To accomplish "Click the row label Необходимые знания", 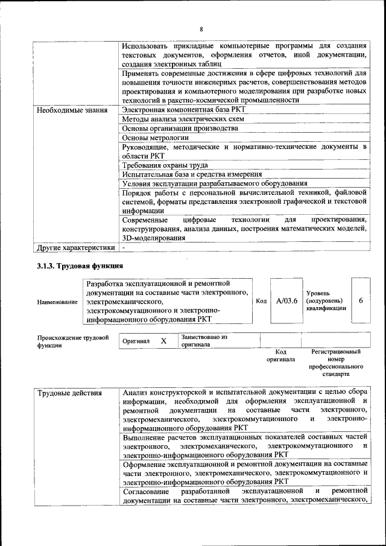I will [x=72, y=110].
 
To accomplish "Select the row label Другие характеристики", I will [x=75, y=247].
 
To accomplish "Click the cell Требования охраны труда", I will [x=165, y=165].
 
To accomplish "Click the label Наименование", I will [x=57, y=302].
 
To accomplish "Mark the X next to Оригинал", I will [x=163, y=341].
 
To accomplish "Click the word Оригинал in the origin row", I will [x=136, y=341].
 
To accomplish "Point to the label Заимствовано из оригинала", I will [x=204, y=341].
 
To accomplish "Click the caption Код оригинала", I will [x=280, y=355].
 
